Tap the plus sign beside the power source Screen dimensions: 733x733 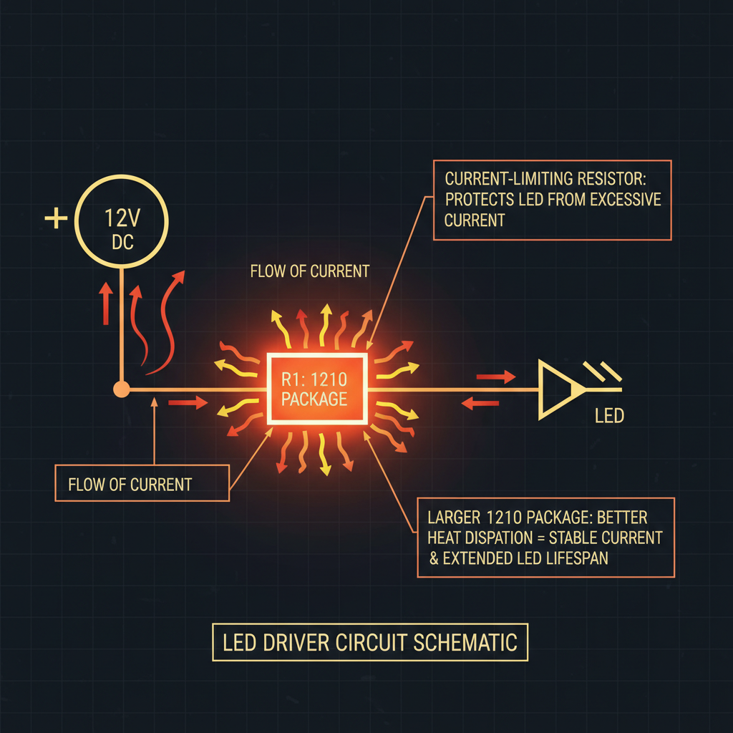56,218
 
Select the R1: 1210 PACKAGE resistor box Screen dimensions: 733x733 315,388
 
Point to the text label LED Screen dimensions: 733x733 609,415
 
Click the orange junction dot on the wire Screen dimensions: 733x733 122,389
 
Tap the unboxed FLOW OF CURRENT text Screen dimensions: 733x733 309,271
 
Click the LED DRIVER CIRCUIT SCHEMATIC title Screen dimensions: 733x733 369,642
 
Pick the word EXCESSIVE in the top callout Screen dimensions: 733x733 619,199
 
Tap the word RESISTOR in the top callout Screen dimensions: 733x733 610,178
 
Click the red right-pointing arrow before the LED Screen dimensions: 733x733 495,377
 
